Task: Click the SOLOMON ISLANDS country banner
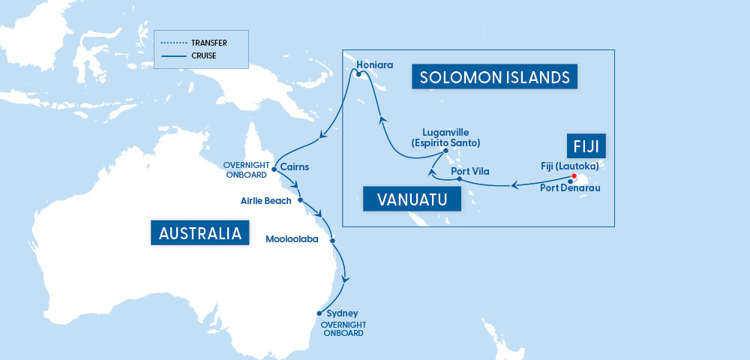pyautogui.click(x=495, y=77)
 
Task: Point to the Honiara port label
pyautogui.click(x=374, y=64)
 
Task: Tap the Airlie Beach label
pyautogui.click(x=266, y=201)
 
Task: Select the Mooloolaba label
pyautogui.click(x=292, y=240)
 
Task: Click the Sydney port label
pyautogui.click(x=343, y=313)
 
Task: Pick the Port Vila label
pyautogui.click(x=470, y=172)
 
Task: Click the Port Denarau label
pyautogui.click(x=568, y=187)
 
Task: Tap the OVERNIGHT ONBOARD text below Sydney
pyautogui.click(x=343, y=328)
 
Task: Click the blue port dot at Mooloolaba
pyautogui.click(x=331, y=241)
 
